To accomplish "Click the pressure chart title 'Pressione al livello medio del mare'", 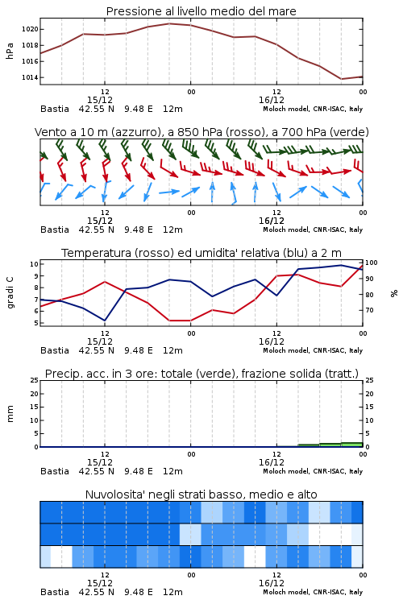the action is (201, 11).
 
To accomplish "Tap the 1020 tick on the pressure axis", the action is (30, 29).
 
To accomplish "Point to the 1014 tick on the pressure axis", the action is (30, 77).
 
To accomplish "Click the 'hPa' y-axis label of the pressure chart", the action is (10, 51).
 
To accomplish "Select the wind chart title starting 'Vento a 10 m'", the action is (201, 132).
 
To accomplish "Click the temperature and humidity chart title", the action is (201, 253).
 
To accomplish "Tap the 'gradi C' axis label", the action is (10, 293).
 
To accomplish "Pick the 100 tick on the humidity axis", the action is (372, 263).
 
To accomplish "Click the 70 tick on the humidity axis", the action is (369, 310).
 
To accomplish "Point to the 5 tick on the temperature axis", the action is (36, 323).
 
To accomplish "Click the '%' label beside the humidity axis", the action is (394, 293).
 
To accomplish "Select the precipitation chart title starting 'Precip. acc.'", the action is (201, 374).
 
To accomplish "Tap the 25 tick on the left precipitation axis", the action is (35, 380).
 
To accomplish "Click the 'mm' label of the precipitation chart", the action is (10, 414).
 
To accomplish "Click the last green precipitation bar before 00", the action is (351, 445).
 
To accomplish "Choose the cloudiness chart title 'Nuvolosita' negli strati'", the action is (201, 494).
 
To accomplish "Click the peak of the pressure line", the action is (169, 23).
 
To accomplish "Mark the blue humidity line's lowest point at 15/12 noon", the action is (105, 321).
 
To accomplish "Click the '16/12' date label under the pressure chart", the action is (271, 100).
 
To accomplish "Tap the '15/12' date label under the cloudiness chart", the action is (99, 583).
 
